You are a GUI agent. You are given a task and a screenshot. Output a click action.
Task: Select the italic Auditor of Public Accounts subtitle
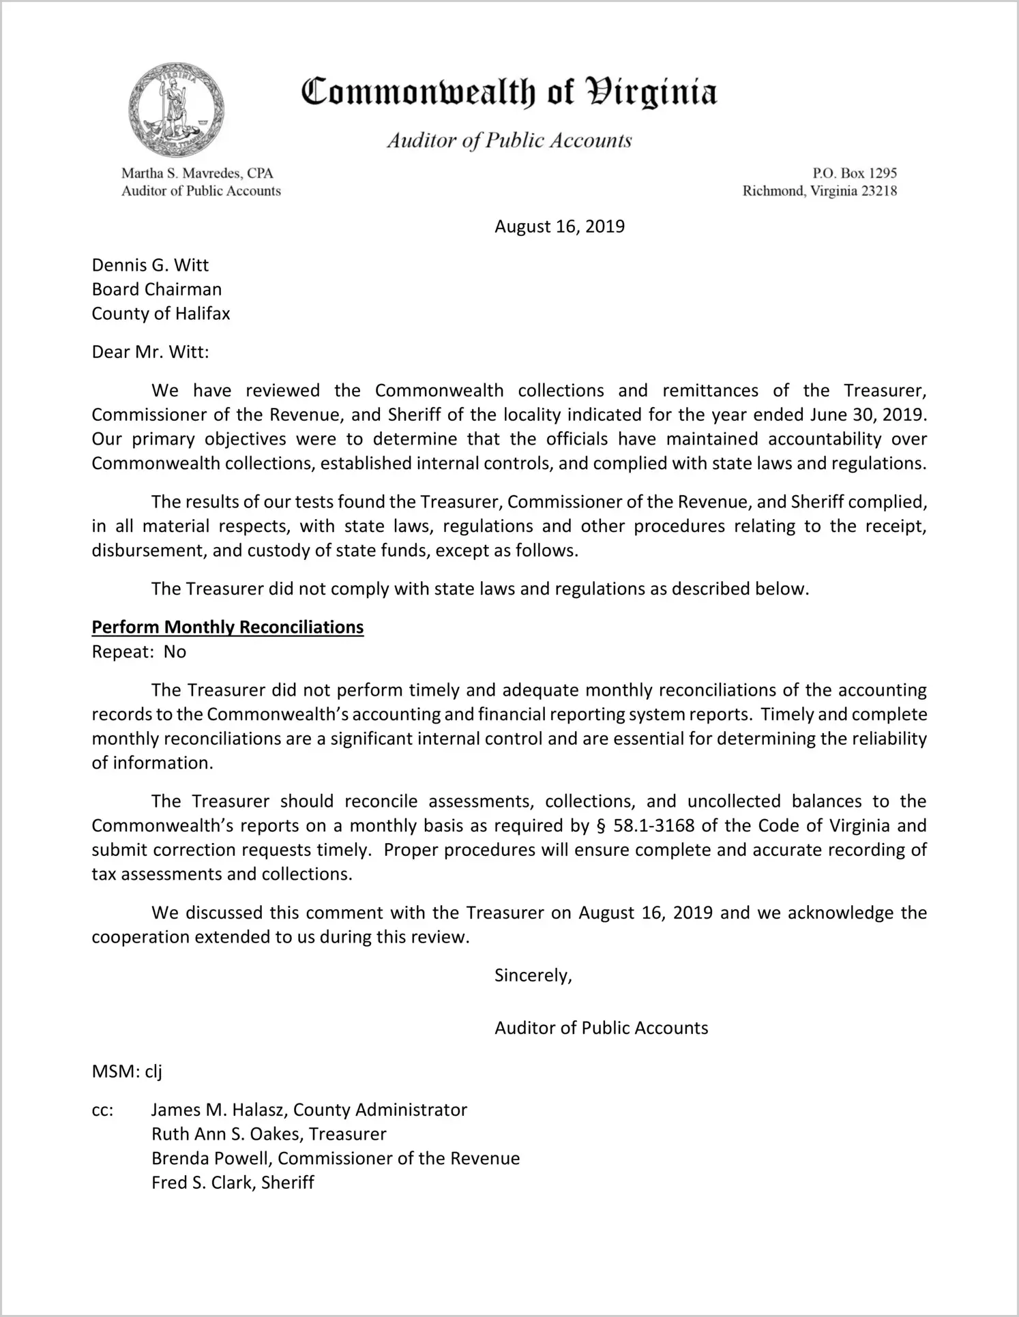tap(509, 140)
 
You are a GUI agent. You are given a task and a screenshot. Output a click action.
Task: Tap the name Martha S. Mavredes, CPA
tap(197, 173)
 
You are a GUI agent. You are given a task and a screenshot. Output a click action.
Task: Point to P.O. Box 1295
tap(855, 173)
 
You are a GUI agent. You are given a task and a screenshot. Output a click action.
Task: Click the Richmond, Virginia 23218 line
tap(819, 191)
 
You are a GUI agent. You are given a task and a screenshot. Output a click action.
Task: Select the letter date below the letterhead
tap(559, 226)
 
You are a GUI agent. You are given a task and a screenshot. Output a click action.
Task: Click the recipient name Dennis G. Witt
tap(150, 265)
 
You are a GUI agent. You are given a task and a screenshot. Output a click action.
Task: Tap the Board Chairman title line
tap(157, 289)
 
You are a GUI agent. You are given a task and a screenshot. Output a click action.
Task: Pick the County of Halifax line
tap(161, 314)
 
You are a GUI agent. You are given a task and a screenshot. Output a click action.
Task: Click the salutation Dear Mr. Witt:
tap(150, 352)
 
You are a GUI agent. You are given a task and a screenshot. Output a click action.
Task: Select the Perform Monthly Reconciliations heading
tap(228, 627)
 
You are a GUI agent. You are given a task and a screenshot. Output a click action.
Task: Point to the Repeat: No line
tap(139, 652)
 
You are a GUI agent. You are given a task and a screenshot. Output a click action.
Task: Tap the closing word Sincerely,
tap(533, 976)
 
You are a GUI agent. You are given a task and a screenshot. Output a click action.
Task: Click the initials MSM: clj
tap(127, 1071)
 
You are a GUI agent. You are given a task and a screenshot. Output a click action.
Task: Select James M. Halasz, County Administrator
tap(309, 1110)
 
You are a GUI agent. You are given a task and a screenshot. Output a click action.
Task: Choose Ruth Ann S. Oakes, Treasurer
tap(269, 1134)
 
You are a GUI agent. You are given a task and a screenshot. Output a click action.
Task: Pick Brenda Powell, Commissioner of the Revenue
tap(336, 1159)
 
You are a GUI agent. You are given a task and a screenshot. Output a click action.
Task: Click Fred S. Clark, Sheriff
tap(233, 1183)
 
